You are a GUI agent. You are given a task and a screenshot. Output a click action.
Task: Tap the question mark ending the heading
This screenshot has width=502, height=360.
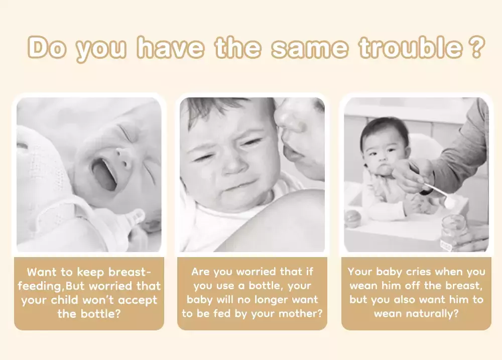click(x=477, y=47)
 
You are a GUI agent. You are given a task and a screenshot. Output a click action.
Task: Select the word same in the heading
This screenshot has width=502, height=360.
click(x=310, y=48)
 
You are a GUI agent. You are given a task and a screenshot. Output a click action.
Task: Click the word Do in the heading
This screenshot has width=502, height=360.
click(x=47, y=47)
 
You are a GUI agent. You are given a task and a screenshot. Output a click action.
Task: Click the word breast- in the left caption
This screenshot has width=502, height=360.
click(x=130, y=272)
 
